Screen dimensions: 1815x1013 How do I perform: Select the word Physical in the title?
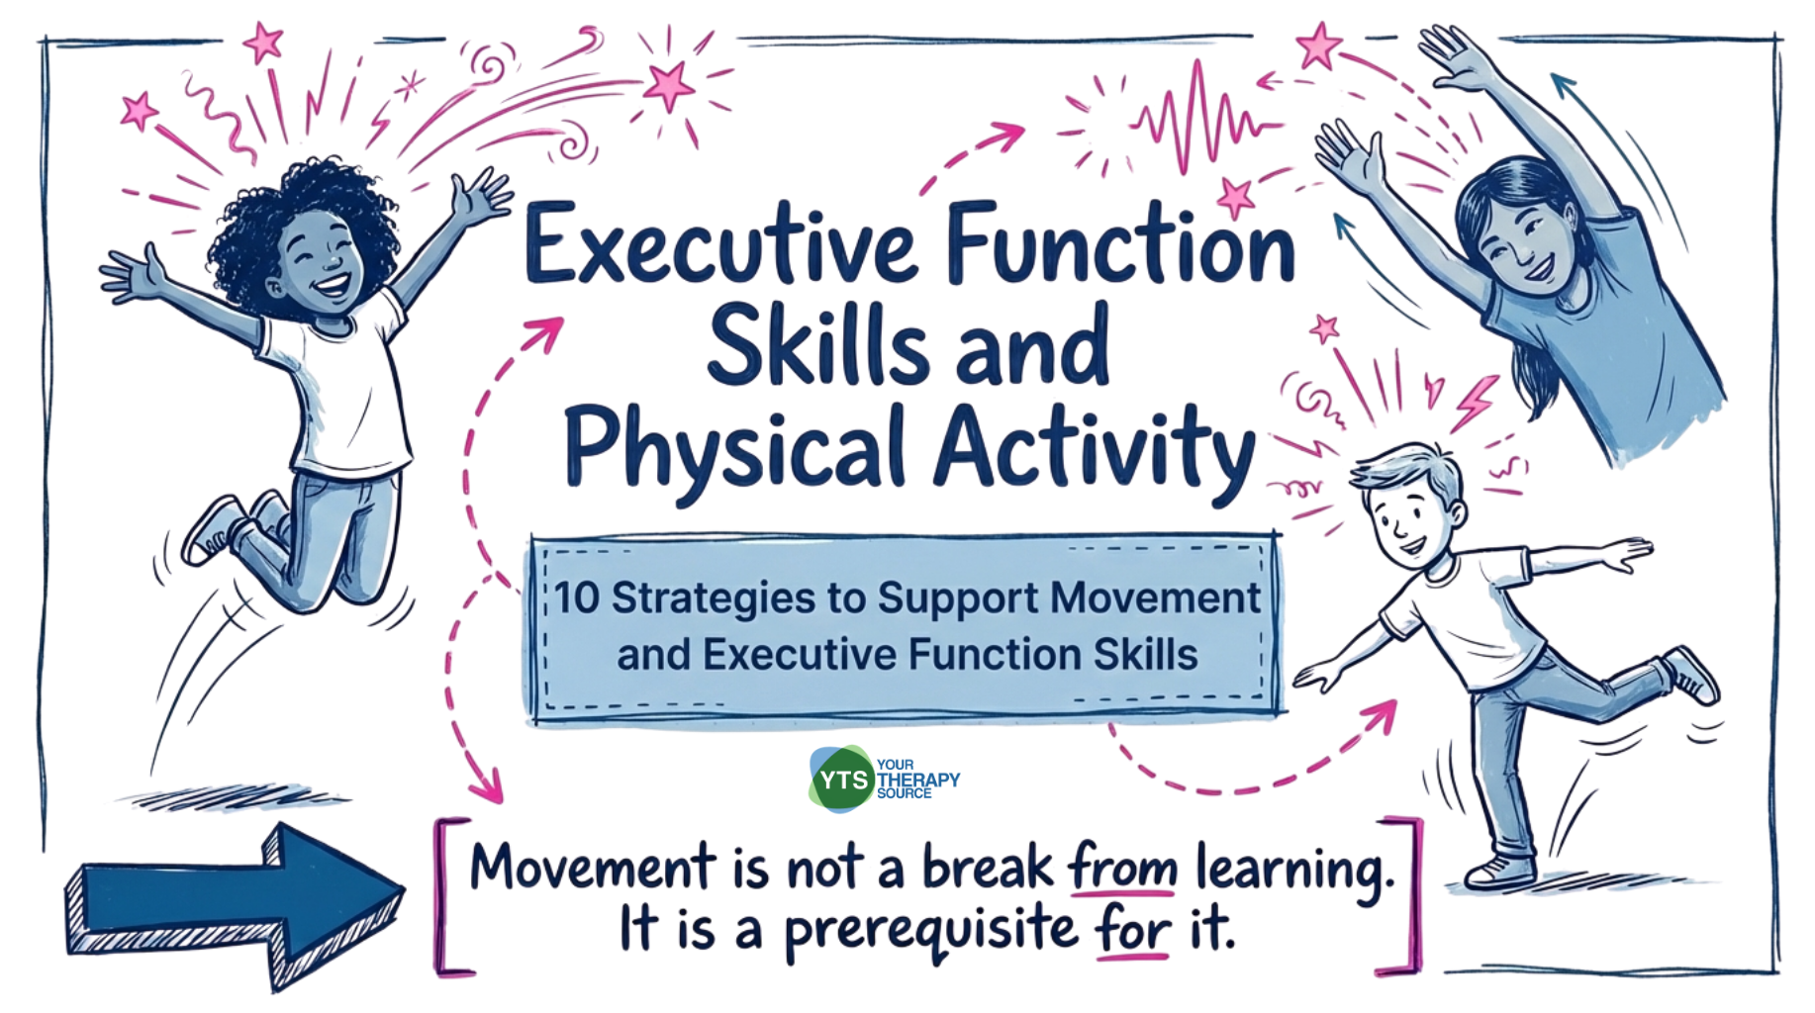pyautogui.click(x=734, y=451)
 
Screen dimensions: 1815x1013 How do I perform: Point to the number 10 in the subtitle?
pyautogui.click(x=576, y=598)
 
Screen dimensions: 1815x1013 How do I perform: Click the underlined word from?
pyautogui.click(x=1122, y=867)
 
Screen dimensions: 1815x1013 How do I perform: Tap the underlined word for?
pyautogui.click(x=1132, y=930)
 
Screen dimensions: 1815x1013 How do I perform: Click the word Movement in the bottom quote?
pyautogui.click(x=592, y=867)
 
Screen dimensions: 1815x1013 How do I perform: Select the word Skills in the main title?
pyautogui.click(x=817, y=346)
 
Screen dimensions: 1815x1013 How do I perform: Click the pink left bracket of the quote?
pyautogui.click(x=447, y=896)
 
